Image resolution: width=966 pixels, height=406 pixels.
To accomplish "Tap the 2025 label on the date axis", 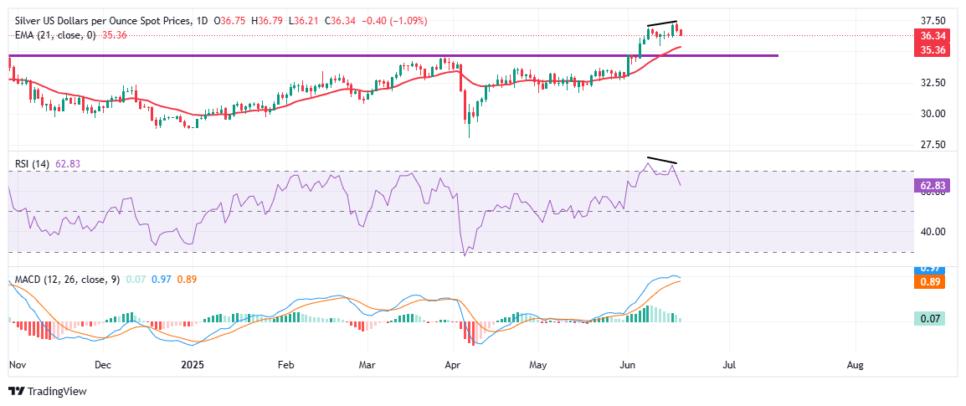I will (193, 366).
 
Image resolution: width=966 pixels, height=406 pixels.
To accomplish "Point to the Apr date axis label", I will (453, 366).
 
